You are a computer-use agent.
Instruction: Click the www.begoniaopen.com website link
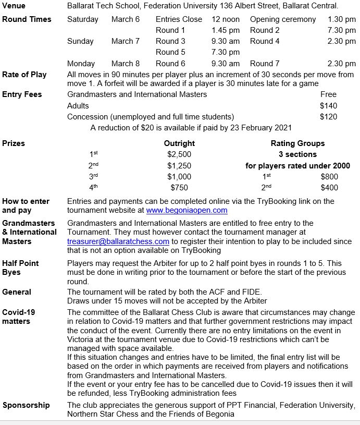pyautogui.click(x=187, y=211)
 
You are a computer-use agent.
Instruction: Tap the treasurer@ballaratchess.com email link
pyautogui.click(x=118, y=241)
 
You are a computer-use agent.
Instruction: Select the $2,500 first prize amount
pyautogui.click(x=179, y=154)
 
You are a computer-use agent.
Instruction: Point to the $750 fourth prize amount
pyautogui.click(x=179, y=188)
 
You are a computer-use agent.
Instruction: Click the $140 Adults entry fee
pyautogui.click(x=328, y=106)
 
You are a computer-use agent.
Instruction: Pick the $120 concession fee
pyautogui.click(x=328, y=117)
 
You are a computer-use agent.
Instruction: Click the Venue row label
pyautogui.click(x=14, y=6)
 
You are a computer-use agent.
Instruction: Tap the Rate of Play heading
pyautogui.click(x=24, y=75)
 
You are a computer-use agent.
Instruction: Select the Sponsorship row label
pyautogui.click(x=26, y=405)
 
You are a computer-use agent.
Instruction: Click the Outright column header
pyautogui.click(x=179, y=143)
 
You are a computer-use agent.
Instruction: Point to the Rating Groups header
pyautogui.click(x=297, y=143)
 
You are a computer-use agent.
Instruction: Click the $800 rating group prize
pyautogui.click(x=329, y=177)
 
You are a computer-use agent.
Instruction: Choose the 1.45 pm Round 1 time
pyautogui.click(x=226, y=30)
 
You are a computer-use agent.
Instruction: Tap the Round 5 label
pyautogui.click(x=170, y=52)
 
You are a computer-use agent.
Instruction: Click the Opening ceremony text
pyautogui.click(x=283, y=19)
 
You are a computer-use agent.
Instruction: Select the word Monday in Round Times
pyautogui.click(x=81, y=64)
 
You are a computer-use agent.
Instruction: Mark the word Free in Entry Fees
pyautogui.click(x=328, y=94)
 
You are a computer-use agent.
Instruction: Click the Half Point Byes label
pyautogui.click(x=20, y=268)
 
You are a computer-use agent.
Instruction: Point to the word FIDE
pyautogui.click(x=256, y=292)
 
